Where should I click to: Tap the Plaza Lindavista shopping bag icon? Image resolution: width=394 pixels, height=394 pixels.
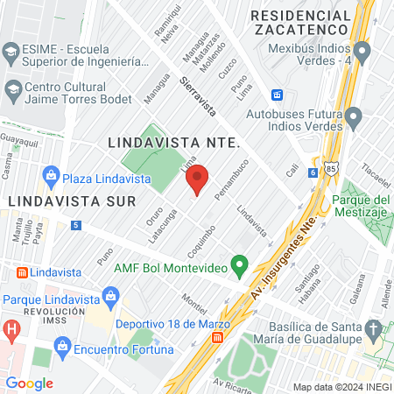click(52, 174)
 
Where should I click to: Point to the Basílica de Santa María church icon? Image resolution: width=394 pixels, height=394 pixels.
click(375, 330)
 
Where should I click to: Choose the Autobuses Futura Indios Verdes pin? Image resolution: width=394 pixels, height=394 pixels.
click(353, 116)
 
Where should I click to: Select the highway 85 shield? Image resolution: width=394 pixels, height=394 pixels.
click(329, 165)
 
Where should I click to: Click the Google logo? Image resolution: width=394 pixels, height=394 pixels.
click(29, 383)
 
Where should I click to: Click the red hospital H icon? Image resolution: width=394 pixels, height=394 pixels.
click(11, 331)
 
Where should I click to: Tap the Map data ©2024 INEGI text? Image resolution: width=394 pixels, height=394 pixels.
click(341, 387)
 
